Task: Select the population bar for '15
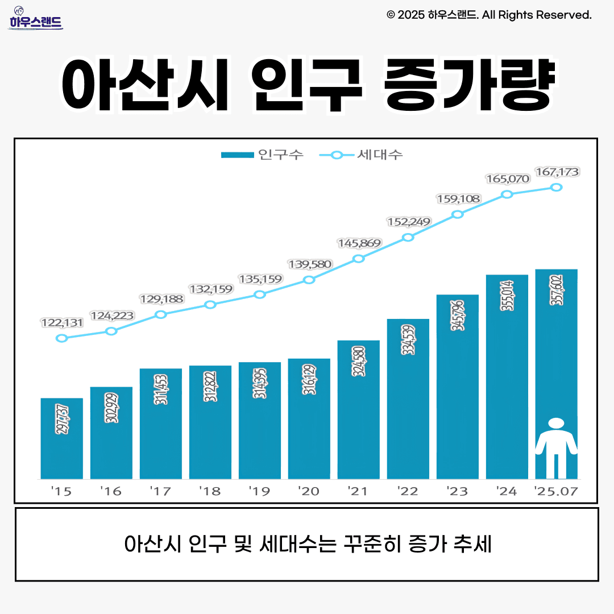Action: (x=62, y=438)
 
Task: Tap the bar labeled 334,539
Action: (x=408, y=398)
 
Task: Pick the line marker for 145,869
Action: (x=359, y=259)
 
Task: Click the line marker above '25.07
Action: (x=557, y=187)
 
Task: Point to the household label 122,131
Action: (x=62, y=323)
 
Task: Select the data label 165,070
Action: (x=507, y=179)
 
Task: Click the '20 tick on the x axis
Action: (x=309, y=491)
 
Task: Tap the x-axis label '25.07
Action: (x=557, y=491)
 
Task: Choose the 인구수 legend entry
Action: (x=262, y=155)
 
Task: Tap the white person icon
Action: (x=557, y=448)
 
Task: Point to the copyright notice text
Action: (x=489, y=15)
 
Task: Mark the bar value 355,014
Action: (x=507, y=296)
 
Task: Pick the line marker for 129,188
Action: (x=161, y=314)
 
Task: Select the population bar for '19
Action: (x=260, y=421)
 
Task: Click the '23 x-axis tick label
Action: (x=458, y=491)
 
